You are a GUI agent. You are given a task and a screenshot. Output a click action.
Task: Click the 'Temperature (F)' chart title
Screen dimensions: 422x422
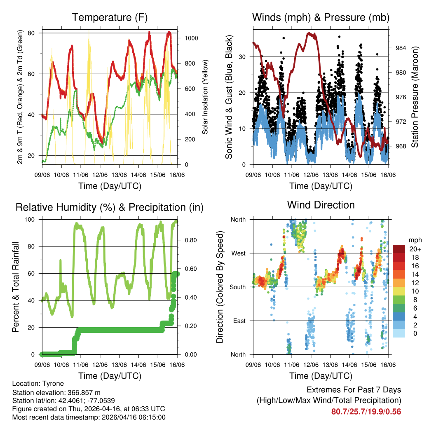click(110, 17)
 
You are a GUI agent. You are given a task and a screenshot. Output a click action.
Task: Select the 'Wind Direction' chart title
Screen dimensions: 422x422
click(321, 205)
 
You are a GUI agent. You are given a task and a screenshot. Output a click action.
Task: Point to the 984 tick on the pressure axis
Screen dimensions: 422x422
click(401, 48)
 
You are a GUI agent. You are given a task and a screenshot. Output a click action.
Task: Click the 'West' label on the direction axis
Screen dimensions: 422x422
click(238, 253)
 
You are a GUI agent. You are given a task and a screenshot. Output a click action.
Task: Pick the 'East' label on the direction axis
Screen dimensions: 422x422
click(239, 321)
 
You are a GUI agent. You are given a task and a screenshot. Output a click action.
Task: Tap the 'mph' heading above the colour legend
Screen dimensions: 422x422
click(415, 240)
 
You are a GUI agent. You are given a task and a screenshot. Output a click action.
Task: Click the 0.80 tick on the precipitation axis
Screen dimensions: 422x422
click(188, 240)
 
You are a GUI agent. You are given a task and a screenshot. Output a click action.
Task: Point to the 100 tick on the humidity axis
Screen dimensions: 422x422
click(33, 219)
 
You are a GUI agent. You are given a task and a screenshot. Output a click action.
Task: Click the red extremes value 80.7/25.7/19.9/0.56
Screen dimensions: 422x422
click(366, 411)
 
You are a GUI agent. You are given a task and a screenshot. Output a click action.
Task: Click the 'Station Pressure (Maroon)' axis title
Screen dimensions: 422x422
click(415, 97)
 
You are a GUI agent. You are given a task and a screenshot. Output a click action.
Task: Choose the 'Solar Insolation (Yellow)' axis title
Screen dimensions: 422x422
click(205, 97)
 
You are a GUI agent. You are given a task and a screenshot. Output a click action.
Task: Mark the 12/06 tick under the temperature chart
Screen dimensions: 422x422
click(100, 175)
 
